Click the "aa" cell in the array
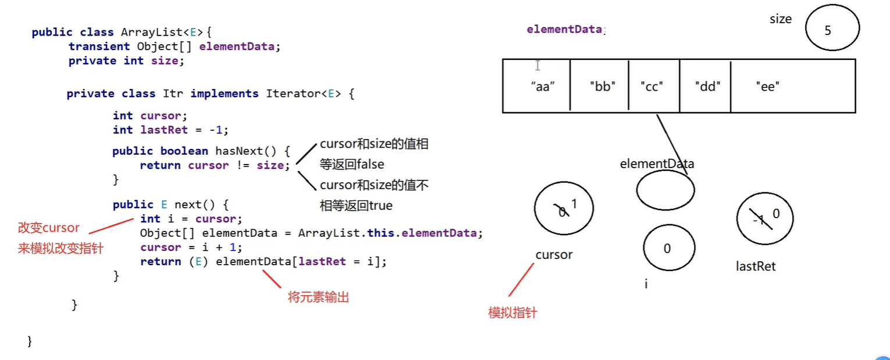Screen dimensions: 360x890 click(x=536, y=85)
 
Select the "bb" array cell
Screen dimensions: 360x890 click(x=600, y=85)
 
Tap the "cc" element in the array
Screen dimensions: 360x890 click(x=654, y=85)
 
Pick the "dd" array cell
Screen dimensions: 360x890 click(x=705, y=85)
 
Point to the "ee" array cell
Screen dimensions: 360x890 click(x=792, y=85)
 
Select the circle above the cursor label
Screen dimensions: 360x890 click(x=563, y=208)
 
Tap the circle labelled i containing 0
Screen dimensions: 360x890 click(x=670, y=248)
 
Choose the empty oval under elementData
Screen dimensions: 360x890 click(x=665, y=190)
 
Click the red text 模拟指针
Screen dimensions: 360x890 click(x=512, y=313)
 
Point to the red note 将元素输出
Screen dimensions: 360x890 click(x=319, y=298)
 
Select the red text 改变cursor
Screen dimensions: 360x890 click(x=48, y=228)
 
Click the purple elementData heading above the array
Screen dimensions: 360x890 click(x=564, y=29)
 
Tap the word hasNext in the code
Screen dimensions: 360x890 click(x=238, y=151)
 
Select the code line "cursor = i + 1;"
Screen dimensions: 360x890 click(x=191, y=248)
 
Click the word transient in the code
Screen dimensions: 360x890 click(x=99, y=47)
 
